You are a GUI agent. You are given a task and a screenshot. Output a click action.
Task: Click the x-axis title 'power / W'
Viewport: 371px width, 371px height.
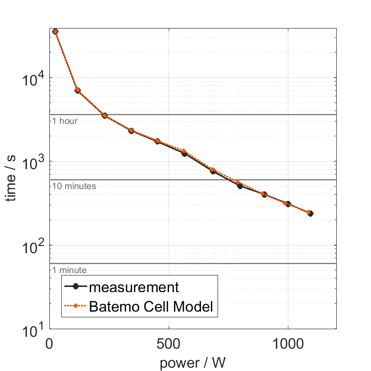(x=192, y=362)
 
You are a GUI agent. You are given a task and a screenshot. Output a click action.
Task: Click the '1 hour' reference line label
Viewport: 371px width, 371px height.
(x=65, y=121)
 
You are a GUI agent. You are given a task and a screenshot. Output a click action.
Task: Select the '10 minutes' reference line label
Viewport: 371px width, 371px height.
(x=74, y=186)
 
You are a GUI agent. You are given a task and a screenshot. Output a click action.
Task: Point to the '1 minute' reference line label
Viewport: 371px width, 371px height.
(x=69, y=270)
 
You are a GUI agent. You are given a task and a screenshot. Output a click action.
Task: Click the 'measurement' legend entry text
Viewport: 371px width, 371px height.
(x=134, y=287)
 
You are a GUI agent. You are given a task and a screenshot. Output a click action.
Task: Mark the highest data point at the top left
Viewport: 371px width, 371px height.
(x=55, y=31)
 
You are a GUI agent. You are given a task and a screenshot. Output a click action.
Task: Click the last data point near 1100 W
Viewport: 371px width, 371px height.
(x=310, y=213)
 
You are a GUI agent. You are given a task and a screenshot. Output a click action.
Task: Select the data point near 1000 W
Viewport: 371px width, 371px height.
(x=287, y=204)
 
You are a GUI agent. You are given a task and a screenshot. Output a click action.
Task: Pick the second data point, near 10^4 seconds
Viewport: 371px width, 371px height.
(x=77, y=90)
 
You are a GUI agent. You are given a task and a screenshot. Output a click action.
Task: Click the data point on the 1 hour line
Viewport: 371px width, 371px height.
(x=105, y=115)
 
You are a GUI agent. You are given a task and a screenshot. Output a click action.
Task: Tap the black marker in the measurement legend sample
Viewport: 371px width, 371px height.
(x=76, y=287)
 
